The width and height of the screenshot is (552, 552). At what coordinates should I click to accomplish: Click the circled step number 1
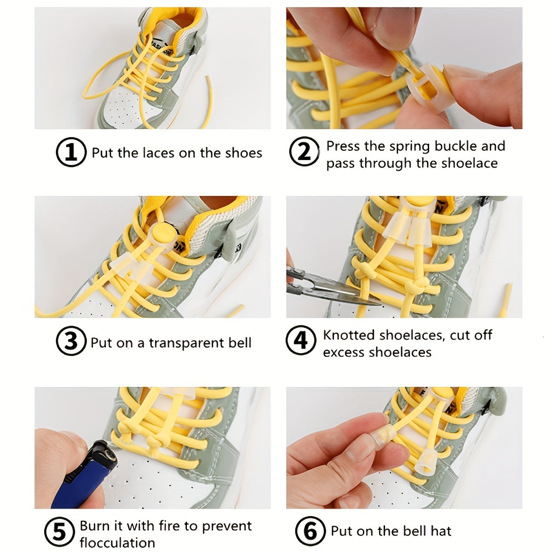pyautogui.click(x=71, y=152)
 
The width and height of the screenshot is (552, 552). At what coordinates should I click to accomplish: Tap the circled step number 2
pyautogui.click(x=304, y=152)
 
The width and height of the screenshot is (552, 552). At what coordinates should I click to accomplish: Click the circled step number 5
pyautogui.click(x=59, y=532)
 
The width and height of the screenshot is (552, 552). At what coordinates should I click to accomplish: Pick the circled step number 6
pyautogui.click(x=310, y=531)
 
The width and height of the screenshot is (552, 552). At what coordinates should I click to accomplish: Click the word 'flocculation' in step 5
pyautogui.click(x=117, y=543)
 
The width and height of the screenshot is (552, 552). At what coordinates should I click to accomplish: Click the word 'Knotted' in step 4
pyautogui.click(x=348, y=335)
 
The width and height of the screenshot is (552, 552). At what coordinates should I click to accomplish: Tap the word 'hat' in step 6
pyautogui.click(x=441, y=531)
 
